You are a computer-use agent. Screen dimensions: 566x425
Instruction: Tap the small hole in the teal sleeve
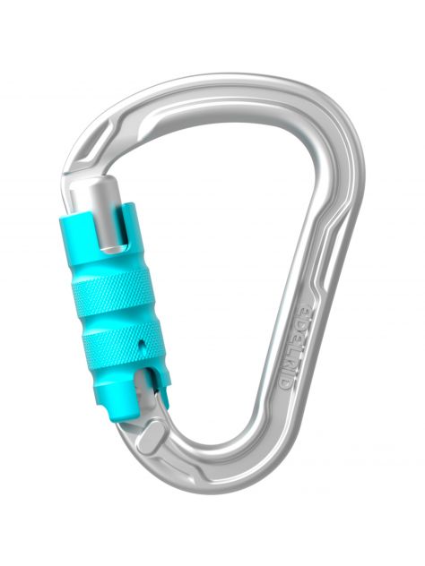[x=142, y=343]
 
